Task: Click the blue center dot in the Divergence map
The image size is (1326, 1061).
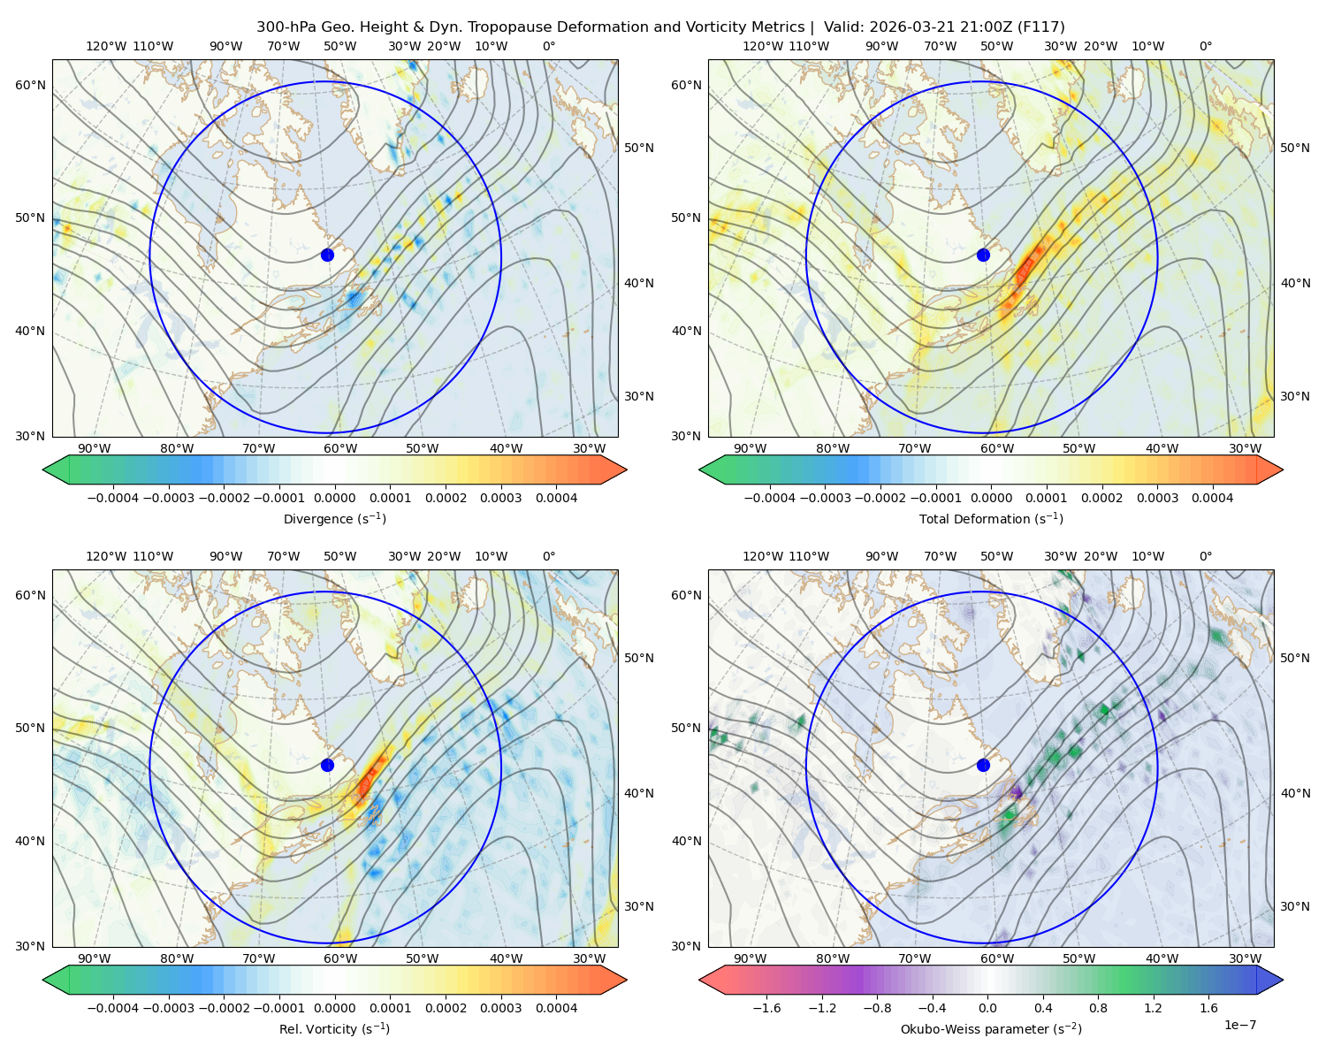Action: coord(327,255)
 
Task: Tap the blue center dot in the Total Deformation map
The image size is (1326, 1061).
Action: coord(983,255)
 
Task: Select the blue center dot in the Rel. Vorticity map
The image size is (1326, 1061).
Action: coord(327,765)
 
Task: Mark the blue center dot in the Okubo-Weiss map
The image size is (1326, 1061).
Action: coord(983,765)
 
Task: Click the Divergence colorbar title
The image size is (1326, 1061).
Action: coord(334,519)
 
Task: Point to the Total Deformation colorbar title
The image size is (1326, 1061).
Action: coord(991,519)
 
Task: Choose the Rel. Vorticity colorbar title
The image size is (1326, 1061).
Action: coord(334,1029)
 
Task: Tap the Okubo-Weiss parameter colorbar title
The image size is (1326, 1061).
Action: coord(991,1029)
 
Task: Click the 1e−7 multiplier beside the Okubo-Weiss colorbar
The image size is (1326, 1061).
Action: coord(1239,1025)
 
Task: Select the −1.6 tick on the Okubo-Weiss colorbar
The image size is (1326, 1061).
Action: coord(766,1008)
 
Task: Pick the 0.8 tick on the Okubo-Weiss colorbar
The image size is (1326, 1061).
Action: coord(1098,1008)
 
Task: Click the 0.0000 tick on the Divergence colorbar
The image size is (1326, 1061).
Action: coord(334,498)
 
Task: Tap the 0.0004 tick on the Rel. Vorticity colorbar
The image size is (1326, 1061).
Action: coord(556,1008)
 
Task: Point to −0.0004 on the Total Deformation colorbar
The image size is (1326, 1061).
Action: coord(770,498)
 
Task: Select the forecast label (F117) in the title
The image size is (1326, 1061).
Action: coord(1040,27)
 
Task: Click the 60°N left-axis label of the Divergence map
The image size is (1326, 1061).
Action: coord(30,85)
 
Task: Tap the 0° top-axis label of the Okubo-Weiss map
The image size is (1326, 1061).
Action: coord(1206,556)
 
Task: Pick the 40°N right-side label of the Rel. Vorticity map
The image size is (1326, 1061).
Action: coord(639,793)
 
